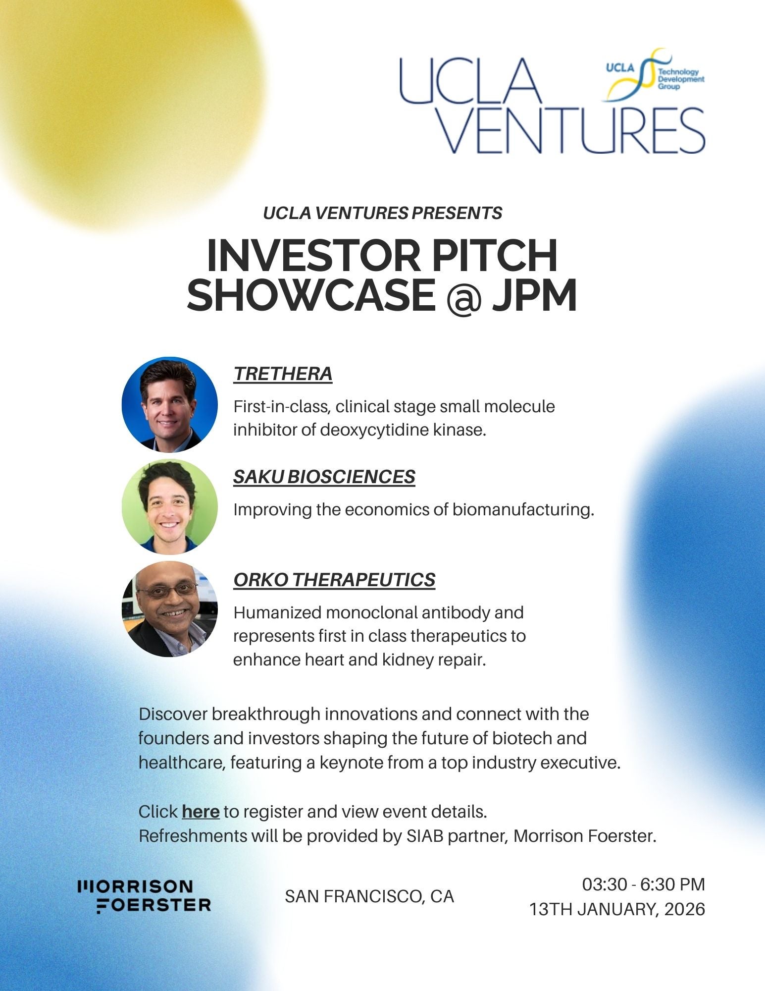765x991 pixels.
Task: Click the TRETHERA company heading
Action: pyautogui.click(x=283, y=374)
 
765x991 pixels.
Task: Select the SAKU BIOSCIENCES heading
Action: pyautogui.click(x=324, y=477)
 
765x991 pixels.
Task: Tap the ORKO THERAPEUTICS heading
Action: pyautogui.click(x=334, y=579)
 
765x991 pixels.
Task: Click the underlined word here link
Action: pyautogui.click(x=201, y=812)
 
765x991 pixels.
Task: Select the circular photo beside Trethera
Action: pyautogui.click(x=169, y=404)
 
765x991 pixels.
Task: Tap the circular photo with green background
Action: pyautogui.click(x=169, y=506)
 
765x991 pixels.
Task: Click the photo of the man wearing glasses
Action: pyautogui.click(x=169, y=609)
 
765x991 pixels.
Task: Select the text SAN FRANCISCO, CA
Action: pyautogui.click(x=369, y=896)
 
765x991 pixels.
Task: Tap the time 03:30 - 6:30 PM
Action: pyautogui.click(x=643, y=884)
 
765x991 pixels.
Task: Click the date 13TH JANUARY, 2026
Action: pyautogui.click(x=617, y=909)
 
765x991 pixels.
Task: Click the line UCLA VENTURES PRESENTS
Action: pyautogui.click(x=383, y=213)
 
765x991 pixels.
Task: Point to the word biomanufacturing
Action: pyautogui.click(x=523, y=510)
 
